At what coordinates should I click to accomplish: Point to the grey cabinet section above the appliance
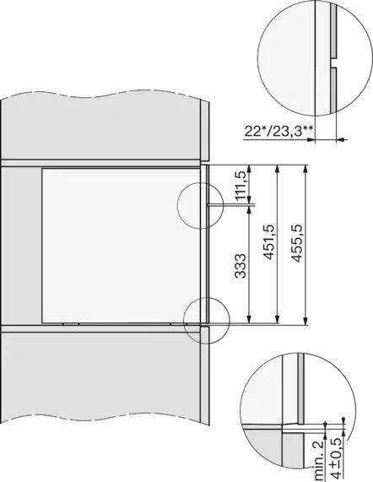101,127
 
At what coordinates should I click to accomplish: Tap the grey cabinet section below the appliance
101,397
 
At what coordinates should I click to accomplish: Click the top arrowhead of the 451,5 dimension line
278,167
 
